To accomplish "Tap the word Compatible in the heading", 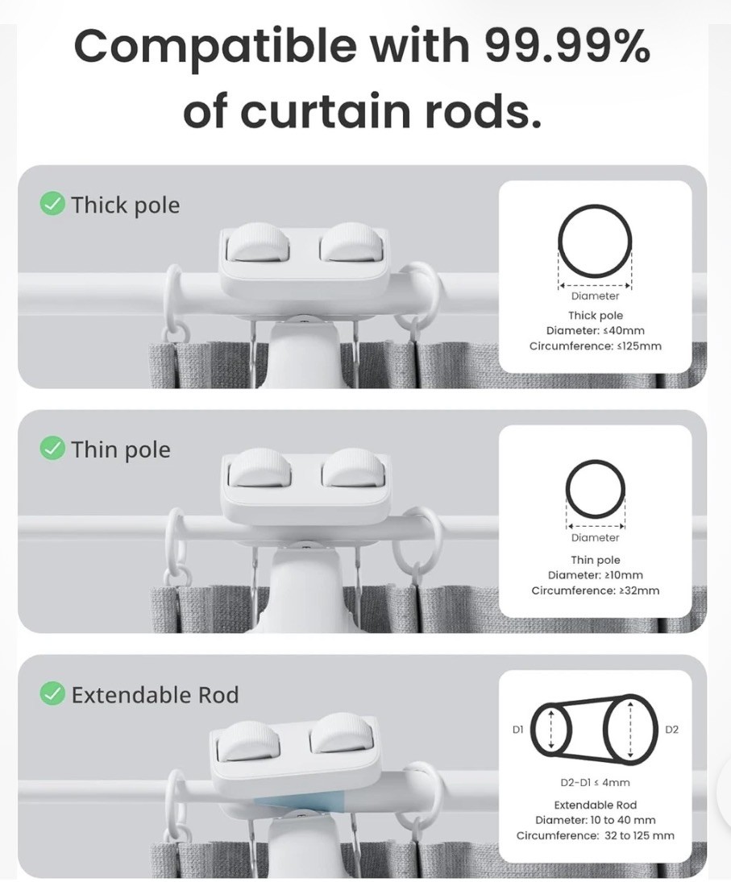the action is pyautogui.click(x=215, y=48).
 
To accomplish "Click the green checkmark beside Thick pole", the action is pyautogui.click(x=52, y=204).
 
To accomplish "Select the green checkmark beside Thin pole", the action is pyautogui.click(x=52, y=448).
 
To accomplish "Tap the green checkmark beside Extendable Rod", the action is pyautogui.click(x=52, y=694).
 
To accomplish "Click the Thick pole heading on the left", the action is pyautogui.click(x=126, y=205).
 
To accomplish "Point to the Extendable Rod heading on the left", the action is pyautogui.click(x=156, y=695).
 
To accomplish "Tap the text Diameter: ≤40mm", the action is pyautogui.click(x=596, y=331).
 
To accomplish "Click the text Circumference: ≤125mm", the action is pyautogui.click(x=596, y=346).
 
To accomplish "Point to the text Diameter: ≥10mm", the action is pyautogui.click(x=596, y=575).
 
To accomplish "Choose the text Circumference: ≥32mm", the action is pyautogui.click(x=596, y=590).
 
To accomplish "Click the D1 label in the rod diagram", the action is pyautogui.click(x=517, y=729).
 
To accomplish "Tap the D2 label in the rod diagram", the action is pyautogui.click(x=672, y=730).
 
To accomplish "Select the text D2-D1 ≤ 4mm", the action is pyautogui.click(x=596, y=782).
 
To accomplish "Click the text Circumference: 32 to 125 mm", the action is pyautogui.click(x=596, y=835).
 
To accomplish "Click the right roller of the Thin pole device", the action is pyautogui.click(x=354, y=467).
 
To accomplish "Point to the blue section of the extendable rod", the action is pyautogui.click(x=298, y=801).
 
